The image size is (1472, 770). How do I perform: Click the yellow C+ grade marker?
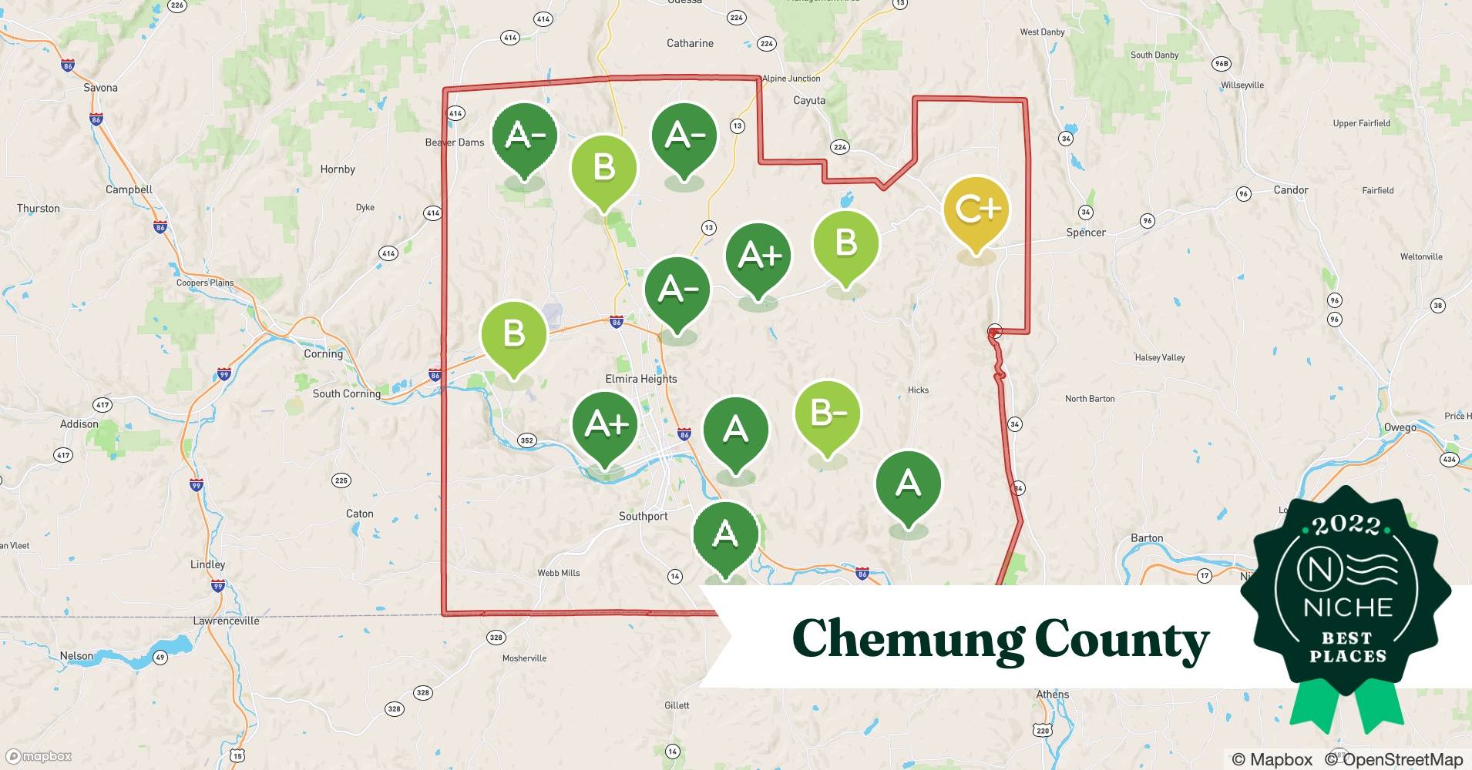pyautogui.click(x=976, y=210)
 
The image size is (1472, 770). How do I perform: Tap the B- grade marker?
pyautogui.click(x=827, y=414)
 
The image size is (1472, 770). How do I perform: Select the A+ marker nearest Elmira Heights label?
pyautogui.click(x=605, y=424)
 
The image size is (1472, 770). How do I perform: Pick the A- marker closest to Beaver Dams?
pyautogui.click(x=524, y=136)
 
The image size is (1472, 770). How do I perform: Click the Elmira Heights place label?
pyautogui.click(x=640, y=379)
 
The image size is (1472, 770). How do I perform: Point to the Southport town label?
pyautogui.click(x=643, y=516)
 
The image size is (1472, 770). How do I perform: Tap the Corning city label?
pyautogui.click(x=323, y=353)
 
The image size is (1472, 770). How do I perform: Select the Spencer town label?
pyautogui.click(x=1085, y=232)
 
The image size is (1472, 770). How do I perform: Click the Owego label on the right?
pyautogui.click(x=1400, y=427)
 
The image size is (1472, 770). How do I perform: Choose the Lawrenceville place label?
pyautogui.click(x=226, y=621)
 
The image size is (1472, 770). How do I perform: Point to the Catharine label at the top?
pyautogui.click(x=690, y=43)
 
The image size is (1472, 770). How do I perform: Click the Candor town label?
pyautogui.click(x=1290, y=189)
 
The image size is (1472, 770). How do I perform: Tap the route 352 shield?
pyautogui.click(x=526, y=440)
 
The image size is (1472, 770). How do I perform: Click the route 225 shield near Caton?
pyautogui.click(x=341, y=480)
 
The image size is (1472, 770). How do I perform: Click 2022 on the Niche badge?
pyautogui.click(x=1346, y=526)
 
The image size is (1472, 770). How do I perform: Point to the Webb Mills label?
pyautogui.click(x=558, y=573)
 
